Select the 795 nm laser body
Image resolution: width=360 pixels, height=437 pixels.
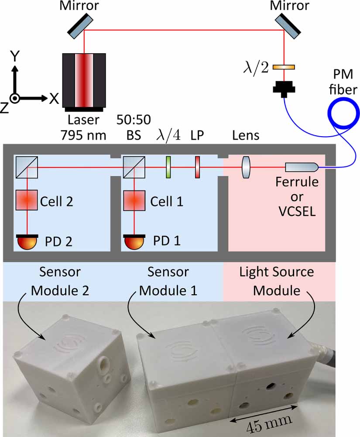click(x=83, y=80)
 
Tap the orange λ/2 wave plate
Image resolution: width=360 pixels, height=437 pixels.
click(x=284, y=67)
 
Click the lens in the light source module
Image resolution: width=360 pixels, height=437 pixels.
click(x=246, y=167)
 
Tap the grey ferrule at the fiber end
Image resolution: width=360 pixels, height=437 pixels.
click(x=302, y=167)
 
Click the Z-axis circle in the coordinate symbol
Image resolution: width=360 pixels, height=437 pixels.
click(x=15, y=99)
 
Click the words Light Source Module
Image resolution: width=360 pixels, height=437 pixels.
click(x=276, y=281)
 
